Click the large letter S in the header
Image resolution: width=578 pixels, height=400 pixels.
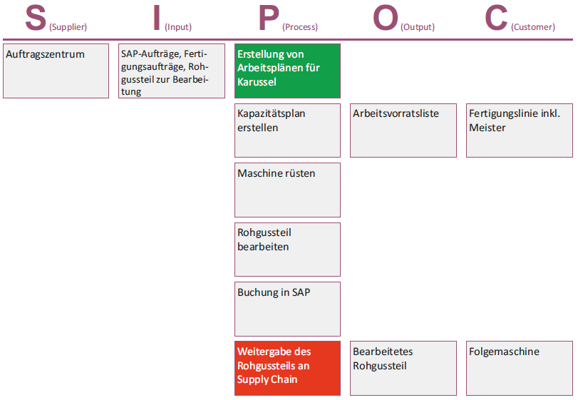36,18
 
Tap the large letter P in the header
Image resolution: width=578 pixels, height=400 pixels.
269,18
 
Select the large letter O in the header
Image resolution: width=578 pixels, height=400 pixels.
386,18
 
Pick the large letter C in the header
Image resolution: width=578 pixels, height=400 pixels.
496,18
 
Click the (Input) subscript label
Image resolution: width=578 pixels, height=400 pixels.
178,27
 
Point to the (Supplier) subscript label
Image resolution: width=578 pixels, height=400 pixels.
68,27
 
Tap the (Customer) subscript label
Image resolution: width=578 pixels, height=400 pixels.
533,27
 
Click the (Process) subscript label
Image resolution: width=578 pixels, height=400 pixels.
300,27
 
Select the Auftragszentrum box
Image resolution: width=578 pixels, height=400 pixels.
56,71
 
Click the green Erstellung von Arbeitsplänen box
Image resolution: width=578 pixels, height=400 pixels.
287,71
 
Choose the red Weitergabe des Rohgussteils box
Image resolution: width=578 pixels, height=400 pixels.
287,369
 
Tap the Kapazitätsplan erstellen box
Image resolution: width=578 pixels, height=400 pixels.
287,130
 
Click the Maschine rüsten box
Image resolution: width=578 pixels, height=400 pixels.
287,190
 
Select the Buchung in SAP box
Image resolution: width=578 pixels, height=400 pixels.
287,309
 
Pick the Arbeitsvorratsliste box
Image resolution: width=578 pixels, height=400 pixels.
403,130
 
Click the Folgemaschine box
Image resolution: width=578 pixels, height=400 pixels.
520,369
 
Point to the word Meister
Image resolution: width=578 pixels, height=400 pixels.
487,128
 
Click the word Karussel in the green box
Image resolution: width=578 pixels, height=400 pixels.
257,82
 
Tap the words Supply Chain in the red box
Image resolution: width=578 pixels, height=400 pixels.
267,379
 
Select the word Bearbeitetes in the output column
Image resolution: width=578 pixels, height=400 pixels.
383,352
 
